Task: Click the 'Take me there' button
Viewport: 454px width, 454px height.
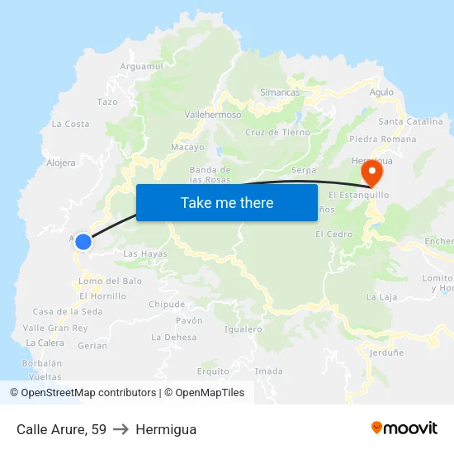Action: pos(227,202)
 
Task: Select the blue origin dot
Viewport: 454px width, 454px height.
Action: pos(83,241)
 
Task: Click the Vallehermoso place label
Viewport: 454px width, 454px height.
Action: pos(213,116)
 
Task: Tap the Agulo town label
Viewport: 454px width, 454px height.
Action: pos(381,92)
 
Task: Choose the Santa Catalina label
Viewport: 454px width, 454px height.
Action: pos(410,121)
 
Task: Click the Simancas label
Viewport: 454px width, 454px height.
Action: pos(280,92)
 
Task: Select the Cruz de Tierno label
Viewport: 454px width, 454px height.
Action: pos(277,132)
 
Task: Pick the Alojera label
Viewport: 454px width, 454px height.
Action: pos(61,163)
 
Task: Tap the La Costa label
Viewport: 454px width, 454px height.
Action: pos(70,124)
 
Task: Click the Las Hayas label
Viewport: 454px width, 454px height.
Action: pos(145,254)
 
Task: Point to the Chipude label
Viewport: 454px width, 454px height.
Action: pos(167,304)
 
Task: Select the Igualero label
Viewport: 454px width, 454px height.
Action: pos(243,329)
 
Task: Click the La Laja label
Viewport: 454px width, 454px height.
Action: pos(381,296)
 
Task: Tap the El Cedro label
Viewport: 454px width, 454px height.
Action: pos(333,234)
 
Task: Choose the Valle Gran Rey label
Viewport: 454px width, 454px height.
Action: pos(55,328)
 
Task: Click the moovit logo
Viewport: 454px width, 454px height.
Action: pos(404,428)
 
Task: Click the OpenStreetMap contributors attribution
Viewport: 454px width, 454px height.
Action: pos(83,393)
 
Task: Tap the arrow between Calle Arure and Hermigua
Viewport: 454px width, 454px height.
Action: pos(121,429)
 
